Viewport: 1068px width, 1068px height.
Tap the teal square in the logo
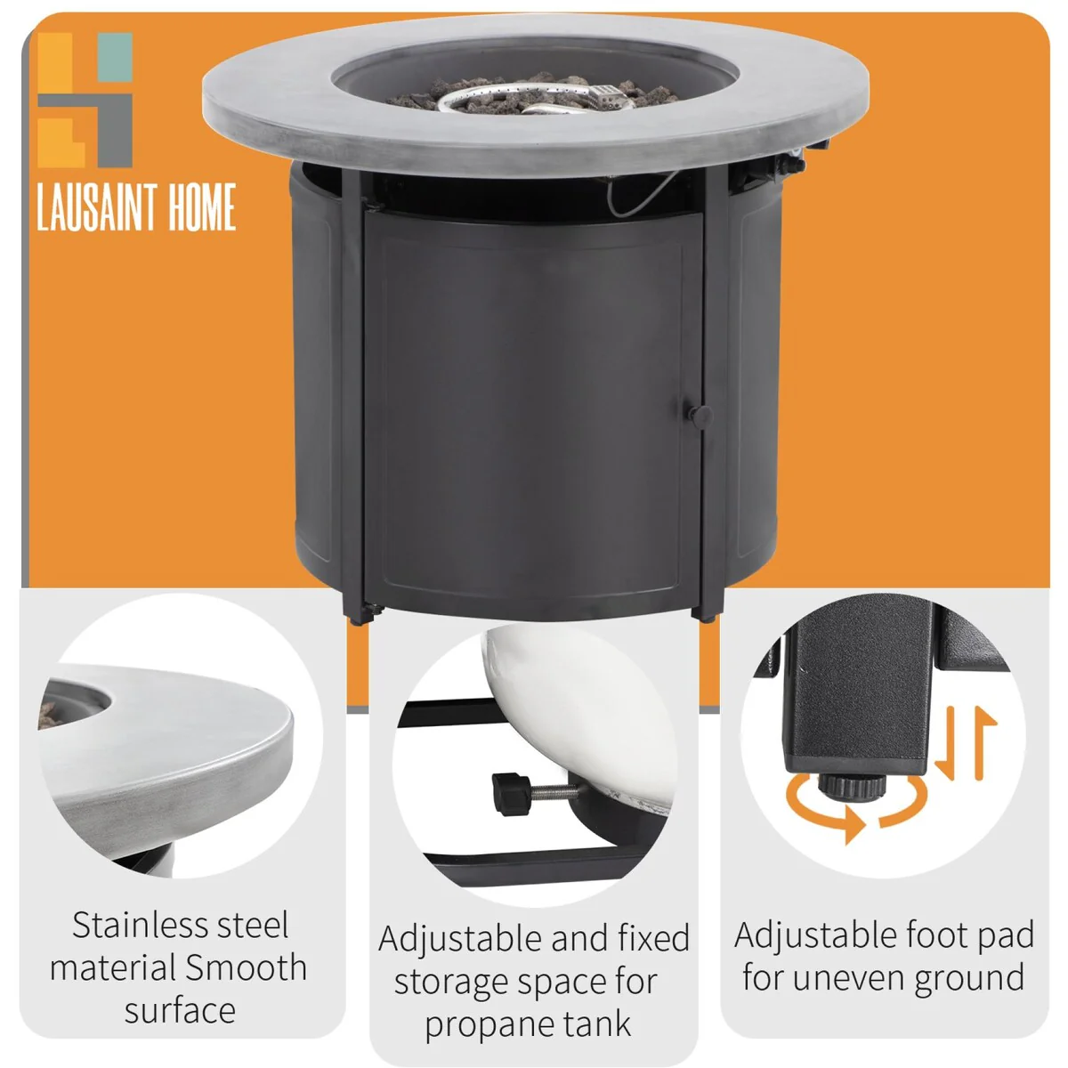tap(116, 57)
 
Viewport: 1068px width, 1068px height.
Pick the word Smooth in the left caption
tap(246, 967)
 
